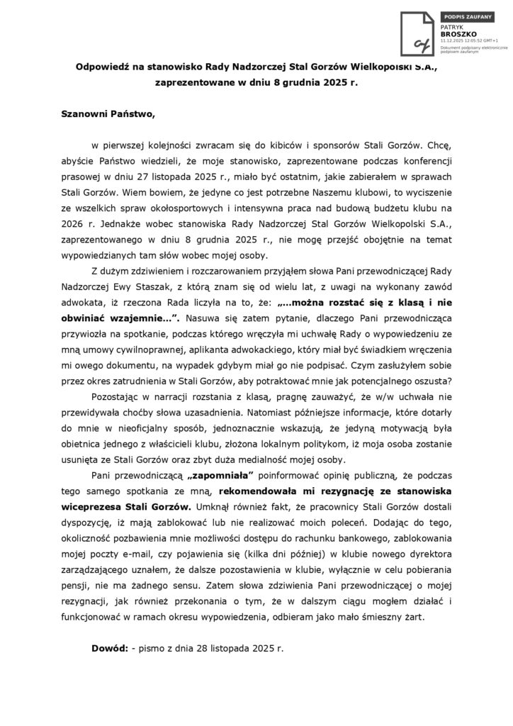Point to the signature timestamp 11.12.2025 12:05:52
pyautogui.click(x=458, y=40)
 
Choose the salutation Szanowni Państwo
pyautogui.click(x=102, y=113)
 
